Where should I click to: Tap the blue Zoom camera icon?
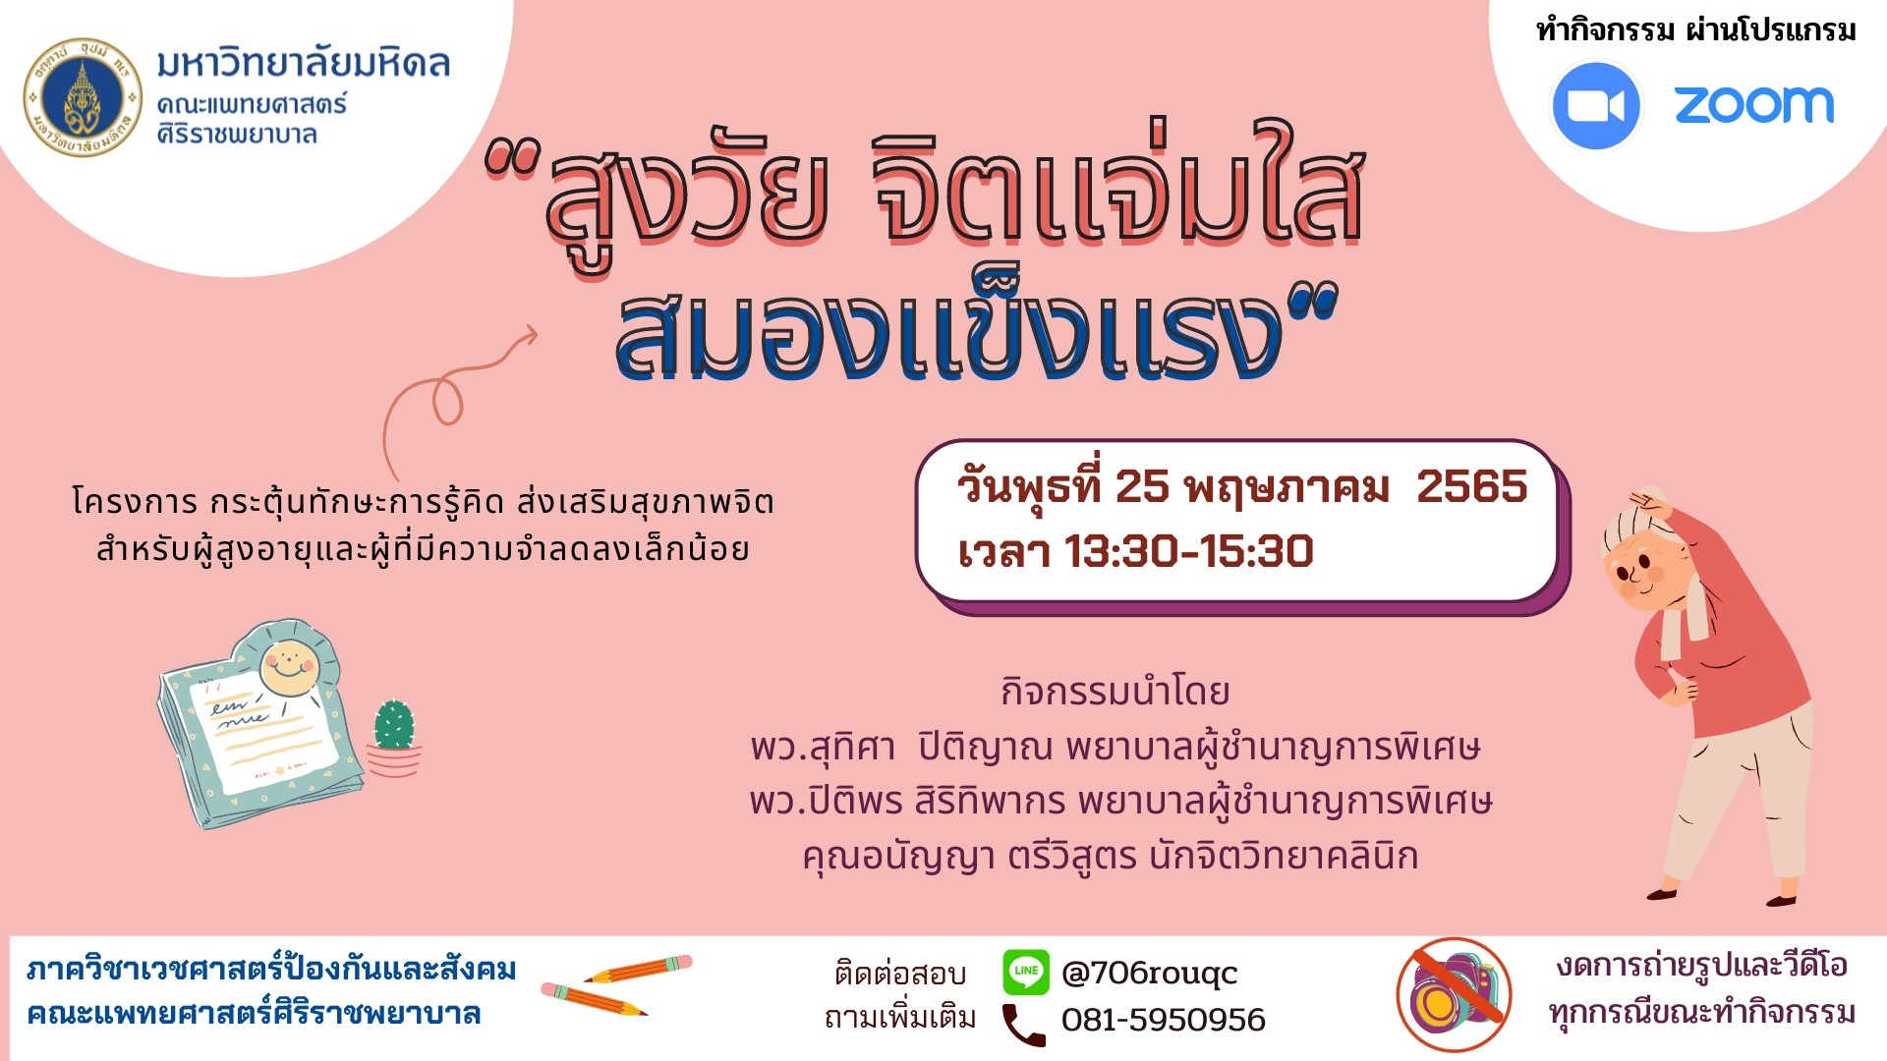[1595, 106]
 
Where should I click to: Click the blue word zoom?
[1754, 105]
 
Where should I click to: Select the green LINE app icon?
[1026, 972]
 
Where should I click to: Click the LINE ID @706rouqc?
[1149, 973]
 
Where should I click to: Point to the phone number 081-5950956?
[1163, 1020]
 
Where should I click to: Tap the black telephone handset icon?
[1023, 1024]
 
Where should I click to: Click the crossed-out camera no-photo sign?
[1455, 994]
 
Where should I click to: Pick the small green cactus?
[394, 726]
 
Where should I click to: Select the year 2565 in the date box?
[1471, 486]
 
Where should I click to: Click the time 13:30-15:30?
[1188, 551]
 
